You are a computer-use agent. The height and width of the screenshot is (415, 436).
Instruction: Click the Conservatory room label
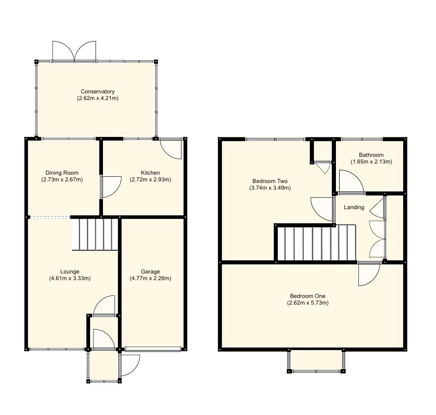coord(98,91)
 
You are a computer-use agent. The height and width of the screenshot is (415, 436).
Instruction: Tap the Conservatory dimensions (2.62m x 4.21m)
coord(98,98)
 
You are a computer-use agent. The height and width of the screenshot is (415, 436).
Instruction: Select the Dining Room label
coord(62,173)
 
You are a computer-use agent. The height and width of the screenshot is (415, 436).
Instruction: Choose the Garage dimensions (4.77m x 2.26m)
coord(150,278)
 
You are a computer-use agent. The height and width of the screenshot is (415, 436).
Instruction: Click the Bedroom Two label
coord(270,181)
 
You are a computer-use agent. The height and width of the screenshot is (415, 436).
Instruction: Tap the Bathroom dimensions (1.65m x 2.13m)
coord(371,162)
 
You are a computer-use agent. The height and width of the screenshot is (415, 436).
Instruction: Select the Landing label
coord(354,207)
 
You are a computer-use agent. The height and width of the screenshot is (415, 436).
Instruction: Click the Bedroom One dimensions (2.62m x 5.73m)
coord(308,303)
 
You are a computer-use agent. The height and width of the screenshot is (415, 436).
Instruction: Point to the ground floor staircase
coord(95,234)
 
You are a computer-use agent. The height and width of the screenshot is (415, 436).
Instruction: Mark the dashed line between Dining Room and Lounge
coord(50,217)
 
